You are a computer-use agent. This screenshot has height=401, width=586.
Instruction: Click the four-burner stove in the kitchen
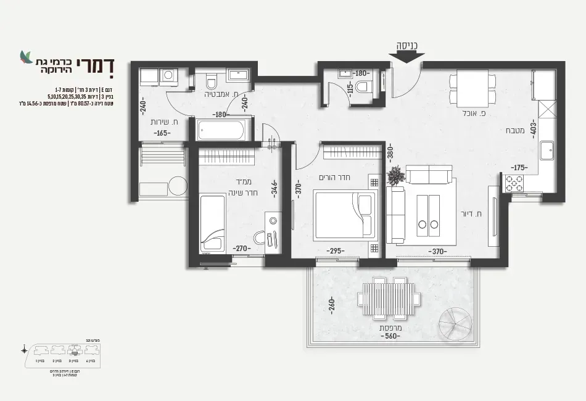(x=514, y=183)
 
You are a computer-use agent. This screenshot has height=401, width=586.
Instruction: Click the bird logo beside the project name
(x=25, y=57)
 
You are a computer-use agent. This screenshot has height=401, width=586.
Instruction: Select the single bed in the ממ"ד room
(x=212, y=223)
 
